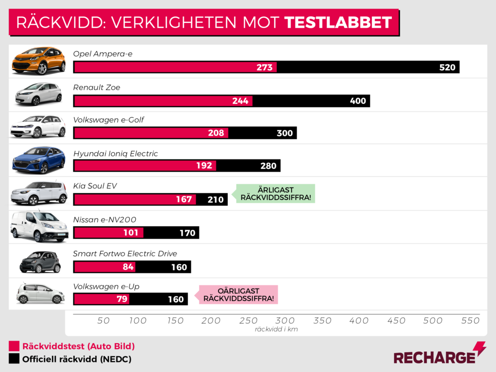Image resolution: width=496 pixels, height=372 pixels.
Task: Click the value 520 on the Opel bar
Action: tap(447, 67)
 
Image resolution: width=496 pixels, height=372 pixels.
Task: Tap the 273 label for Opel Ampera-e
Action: tap(265, 67)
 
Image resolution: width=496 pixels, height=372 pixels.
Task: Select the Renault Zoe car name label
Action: tap(97, 88)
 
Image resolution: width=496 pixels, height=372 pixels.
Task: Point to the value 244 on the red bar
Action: tap(240, 101)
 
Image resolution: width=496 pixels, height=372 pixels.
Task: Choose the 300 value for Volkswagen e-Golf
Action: tap(285, 133)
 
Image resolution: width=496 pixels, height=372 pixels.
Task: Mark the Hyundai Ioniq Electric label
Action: tap(115, 153)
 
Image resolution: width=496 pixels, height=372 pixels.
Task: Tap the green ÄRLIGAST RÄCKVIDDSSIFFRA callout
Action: tap(274, 193)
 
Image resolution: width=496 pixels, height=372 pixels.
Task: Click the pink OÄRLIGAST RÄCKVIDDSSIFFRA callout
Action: tap(238, 295)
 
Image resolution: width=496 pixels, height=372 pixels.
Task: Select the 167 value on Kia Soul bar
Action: tap(184, 199)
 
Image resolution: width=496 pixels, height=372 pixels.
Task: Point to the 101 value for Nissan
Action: tap(131, 233)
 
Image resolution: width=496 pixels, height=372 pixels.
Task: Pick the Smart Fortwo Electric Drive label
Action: tap(125, 254)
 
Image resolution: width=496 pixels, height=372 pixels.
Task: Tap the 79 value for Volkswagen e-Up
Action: tap(122, 299)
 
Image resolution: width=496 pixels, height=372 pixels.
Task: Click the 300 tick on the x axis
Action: tap(285, 320)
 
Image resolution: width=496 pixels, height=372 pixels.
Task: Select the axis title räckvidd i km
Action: tap(276, 329)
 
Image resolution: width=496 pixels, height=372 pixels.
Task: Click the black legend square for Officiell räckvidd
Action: tap(14, 359)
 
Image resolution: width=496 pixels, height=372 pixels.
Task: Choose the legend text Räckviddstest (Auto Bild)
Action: tap(78, 346)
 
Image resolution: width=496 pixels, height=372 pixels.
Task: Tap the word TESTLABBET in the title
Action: tap(338, 22)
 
